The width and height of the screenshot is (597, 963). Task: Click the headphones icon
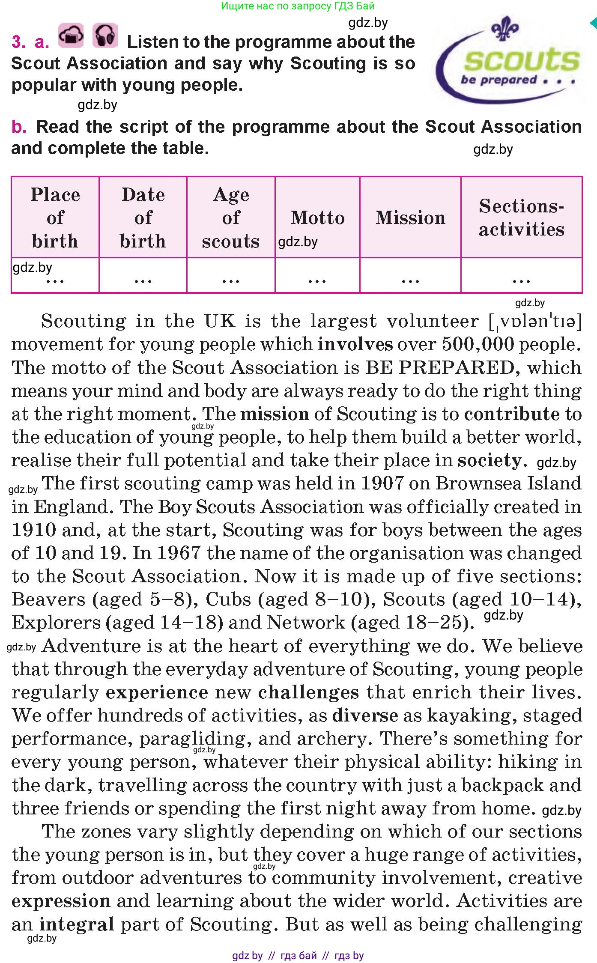point(105,35)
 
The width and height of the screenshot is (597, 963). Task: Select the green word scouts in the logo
point(522,60)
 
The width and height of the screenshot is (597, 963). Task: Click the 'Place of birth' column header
point(55,218)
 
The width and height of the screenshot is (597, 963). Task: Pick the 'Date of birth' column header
point(143,218)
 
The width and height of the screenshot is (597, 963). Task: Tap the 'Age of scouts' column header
point(231,218)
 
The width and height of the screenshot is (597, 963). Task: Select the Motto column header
point(317,218)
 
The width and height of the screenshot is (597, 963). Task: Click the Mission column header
point(410,218)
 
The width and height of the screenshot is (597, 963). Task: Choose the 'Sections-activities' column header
point(521,218)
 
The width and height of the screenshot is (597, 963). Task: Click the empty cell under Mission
point(410,275)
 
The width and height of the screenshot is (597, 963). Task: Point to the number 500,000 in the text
point(478,344)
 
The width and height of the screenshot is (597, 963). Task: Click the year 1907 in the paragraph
point(382,483)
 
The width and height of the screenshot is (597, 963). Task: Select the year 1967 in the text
point(179,553)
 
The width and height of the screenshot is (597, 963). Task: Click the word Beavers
point(48,599)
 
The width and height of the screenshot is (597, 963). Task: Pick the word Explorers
point(56,622)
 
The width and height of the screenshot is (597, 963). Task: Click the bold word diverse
point(365,716)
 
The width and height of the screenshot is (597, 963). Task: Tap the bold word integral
point(77,924)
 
